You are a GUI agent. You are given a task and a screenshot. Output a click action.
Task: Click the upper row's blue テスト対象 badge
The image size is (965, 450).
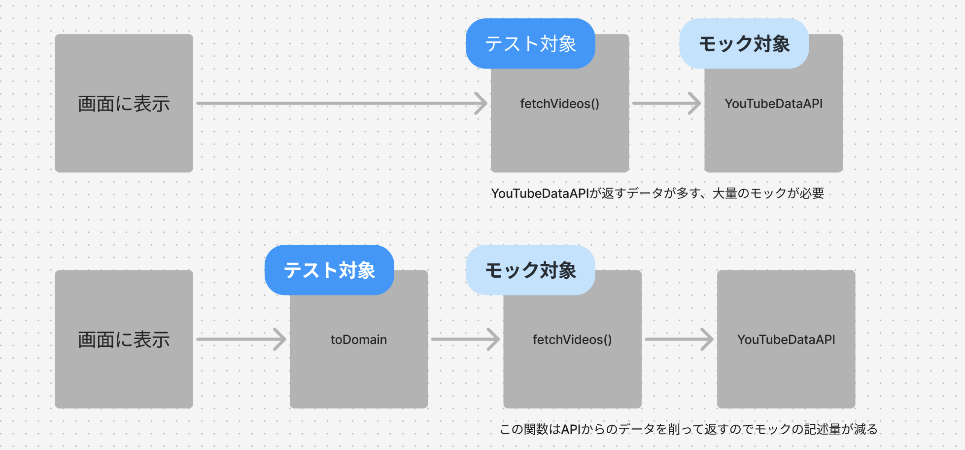[530, 43]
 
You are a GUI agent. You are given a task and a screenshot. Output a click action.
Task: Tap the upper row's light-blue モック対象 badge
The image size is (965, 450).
[744, 43]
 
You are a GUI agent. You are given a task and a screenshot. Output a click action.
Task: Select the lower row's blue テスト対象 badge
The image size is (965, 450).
[329, 270]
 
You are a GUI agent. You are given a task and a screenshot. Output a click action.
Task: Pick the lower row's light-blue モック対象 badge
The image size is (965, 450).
[530, 270]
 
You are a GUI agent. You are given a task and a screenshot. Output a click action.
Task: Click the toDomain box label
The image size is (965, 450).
[358, 339]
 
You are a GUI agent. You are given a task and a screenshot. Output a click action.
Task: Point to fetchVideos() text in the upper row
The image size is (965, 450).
[559, 104]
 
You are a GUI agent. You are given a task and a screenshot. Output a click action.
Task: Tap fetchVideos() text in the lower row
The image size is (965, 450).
[572, 339]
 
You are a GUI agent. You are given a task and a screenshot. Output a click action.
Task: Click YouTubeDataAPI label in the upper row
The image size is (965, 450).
[773, 104]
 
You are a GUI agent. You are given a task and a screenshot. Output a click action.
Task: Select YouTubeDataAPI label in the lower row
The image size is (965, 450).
[786, 339]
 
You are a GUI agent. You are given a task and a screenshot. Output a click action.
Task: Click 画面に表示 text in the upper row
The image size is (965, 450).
[124, 104]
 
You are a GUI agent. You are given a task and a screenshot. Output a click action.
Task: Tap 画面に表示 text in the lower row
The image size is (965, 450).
[124, 339]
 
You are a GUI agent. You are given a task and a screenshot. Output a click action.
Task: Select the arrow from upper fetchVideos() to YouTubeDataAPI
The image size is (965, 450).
[666, 104]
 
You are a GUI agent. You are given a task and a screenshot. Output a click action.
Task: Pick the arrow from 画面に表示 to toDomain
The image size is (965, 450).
[241, 339]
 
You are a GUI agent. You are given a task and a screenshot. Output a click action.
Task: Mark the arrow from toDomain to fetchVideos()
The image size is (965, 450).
[465, 339]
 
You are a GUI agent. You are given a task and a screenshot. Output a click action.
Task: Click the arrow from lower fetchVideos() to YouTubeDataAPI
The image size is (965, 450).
[679, 339]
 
